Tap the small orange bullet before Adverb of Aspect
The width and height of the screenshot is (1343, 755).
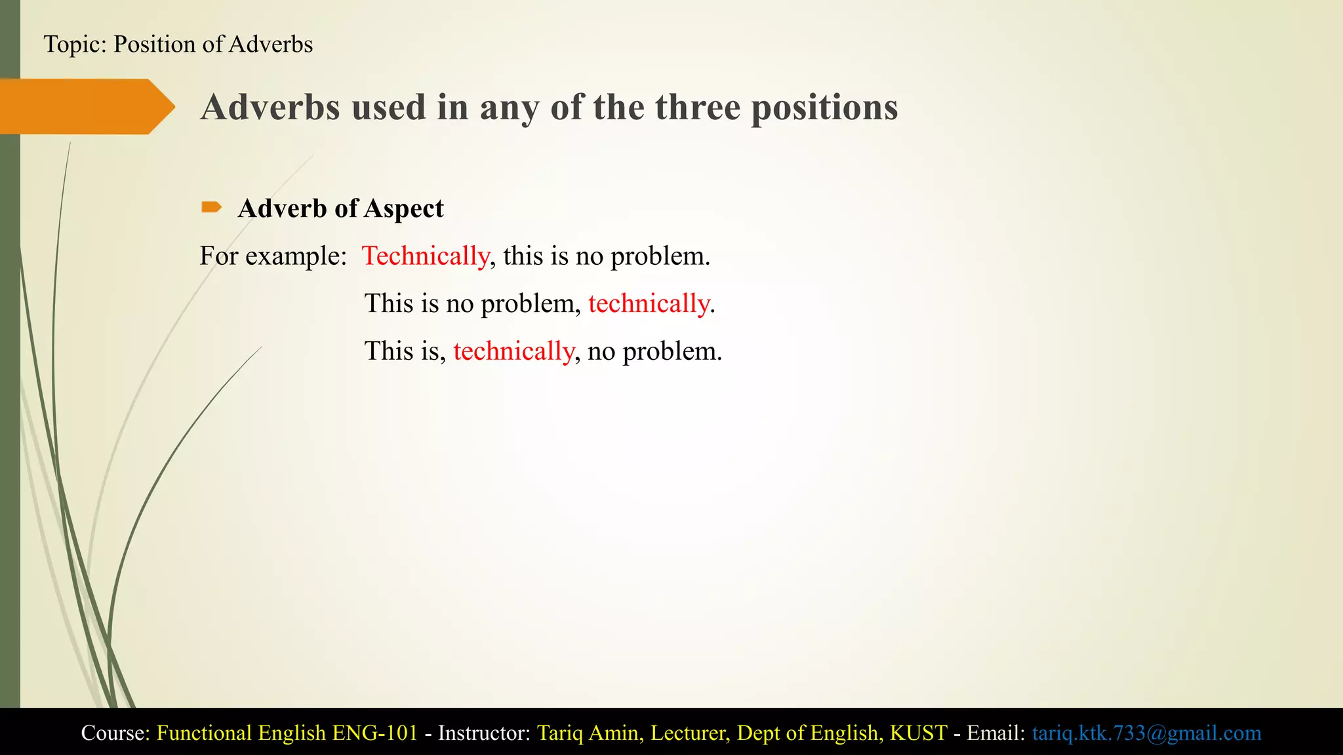pyautogui.click(x=211, y=208)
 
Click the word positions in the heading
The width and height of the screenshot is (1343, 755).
pyautogui.click(x=824, y=107)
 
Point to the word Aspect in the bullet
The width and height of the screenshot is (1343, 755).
pyautogui.click(x=403, y=208)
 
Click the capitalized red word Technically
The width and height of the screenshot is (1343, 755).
pyautogui.click(x=426, y=256)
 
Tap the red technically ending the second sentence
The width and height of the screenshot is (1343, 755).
pyautogui.click(x=649, y=303)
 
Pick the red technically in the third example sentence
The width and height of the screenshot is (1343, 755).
pyautogui.click(x=513, y=351)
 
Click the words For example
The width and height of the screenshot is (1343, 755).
pyautogui.click(x=273, y=256)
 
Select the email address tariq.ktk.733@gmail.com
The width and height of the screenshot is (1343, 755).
pyautogui.click(x=1146, y=732)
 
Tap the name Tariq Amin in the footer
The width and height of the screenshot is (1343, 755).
pyautogui.click(x=588, y=732)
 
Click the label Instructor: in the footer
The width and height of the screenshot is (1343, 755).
pyautogui.click(x=484, y=732)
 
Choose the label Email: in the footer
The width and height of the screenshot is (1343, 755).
pyautogui.click(x=995, y=732)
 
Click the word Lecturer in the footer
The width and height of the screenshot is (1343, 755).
pyautogui.click(x=689, y=732)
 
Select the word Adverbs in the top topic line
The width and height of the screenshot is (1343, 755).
pyautogui.click(x=271, y=44)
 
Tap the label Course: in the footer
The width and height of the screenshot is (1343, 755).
pyautogui.click(x=115, y=732)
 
